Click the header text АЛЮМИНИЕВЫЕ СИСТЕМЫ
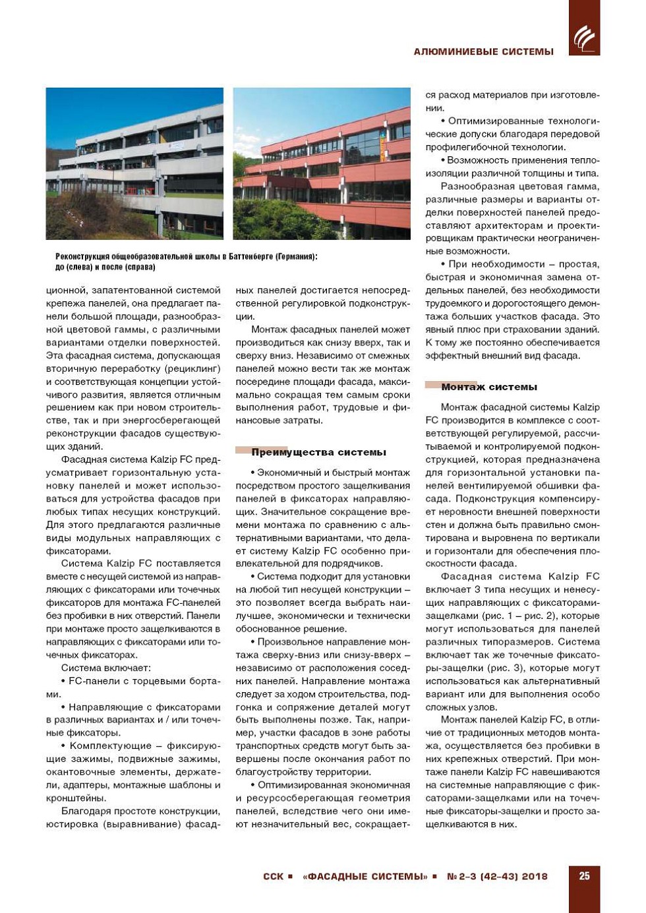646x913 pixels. tap(483, 51)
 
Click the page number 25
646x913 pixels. tap(584, 876)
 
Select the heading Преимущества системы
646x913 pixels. tap(318, 452)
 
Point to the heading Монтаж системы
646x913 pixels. tap(489, 387)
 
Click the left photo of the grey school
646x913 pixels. tap(134, 163)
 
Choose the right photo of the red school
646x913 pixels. tap(322, 163)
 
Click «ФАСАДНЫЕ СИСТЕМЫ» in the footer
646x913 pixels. tap(365, 877)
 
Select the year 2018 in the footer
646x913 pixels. tap(535, 877)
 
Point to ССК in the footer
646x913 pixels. tap(273, 877)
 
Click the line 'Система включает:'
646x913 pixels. tap(105, 668)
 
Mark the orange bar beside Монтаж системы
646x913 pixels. tap(433, 385)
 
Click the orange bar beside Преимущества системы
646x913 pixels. tap(243, 450)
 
